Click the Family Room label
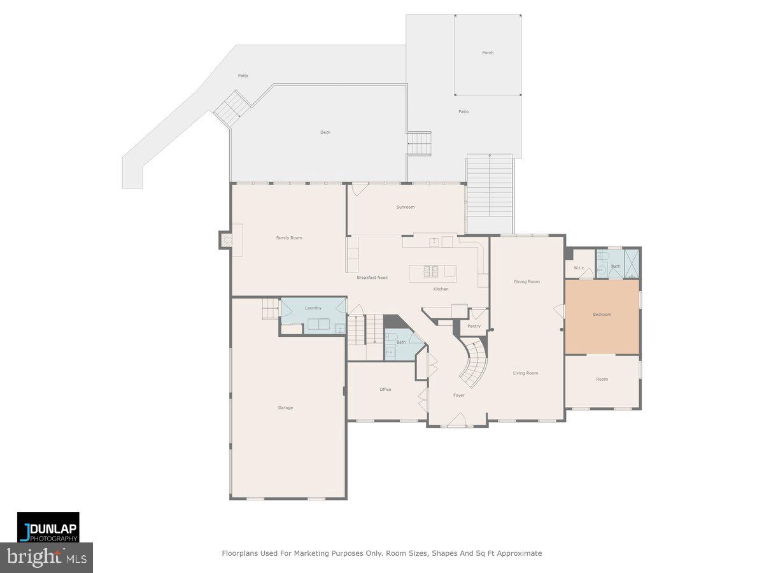[x=288, y=238]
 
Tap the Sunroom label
[x=405, y=207]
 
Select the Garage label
[x=285, y=407]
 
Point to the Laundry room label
[x=313, y=308]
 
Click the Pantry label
[x=474, y=326]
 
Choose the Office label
[x=385, y=390]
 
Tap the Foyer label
[x=458, y=395]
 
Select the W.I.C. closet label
[x=579, y=267]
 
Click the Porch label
[x=487, y=53]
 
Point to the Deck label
[x=325, y=132]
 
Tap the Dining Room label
[x=527, y=281]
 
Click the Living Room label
[x=525, y=373]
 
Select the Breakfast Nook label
[x=372, y=278]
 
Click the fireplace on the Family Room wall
[x=227, y=240]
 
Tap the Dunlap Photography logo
[x=48, y=527]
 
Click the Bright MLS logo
[x=46, y=558]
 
